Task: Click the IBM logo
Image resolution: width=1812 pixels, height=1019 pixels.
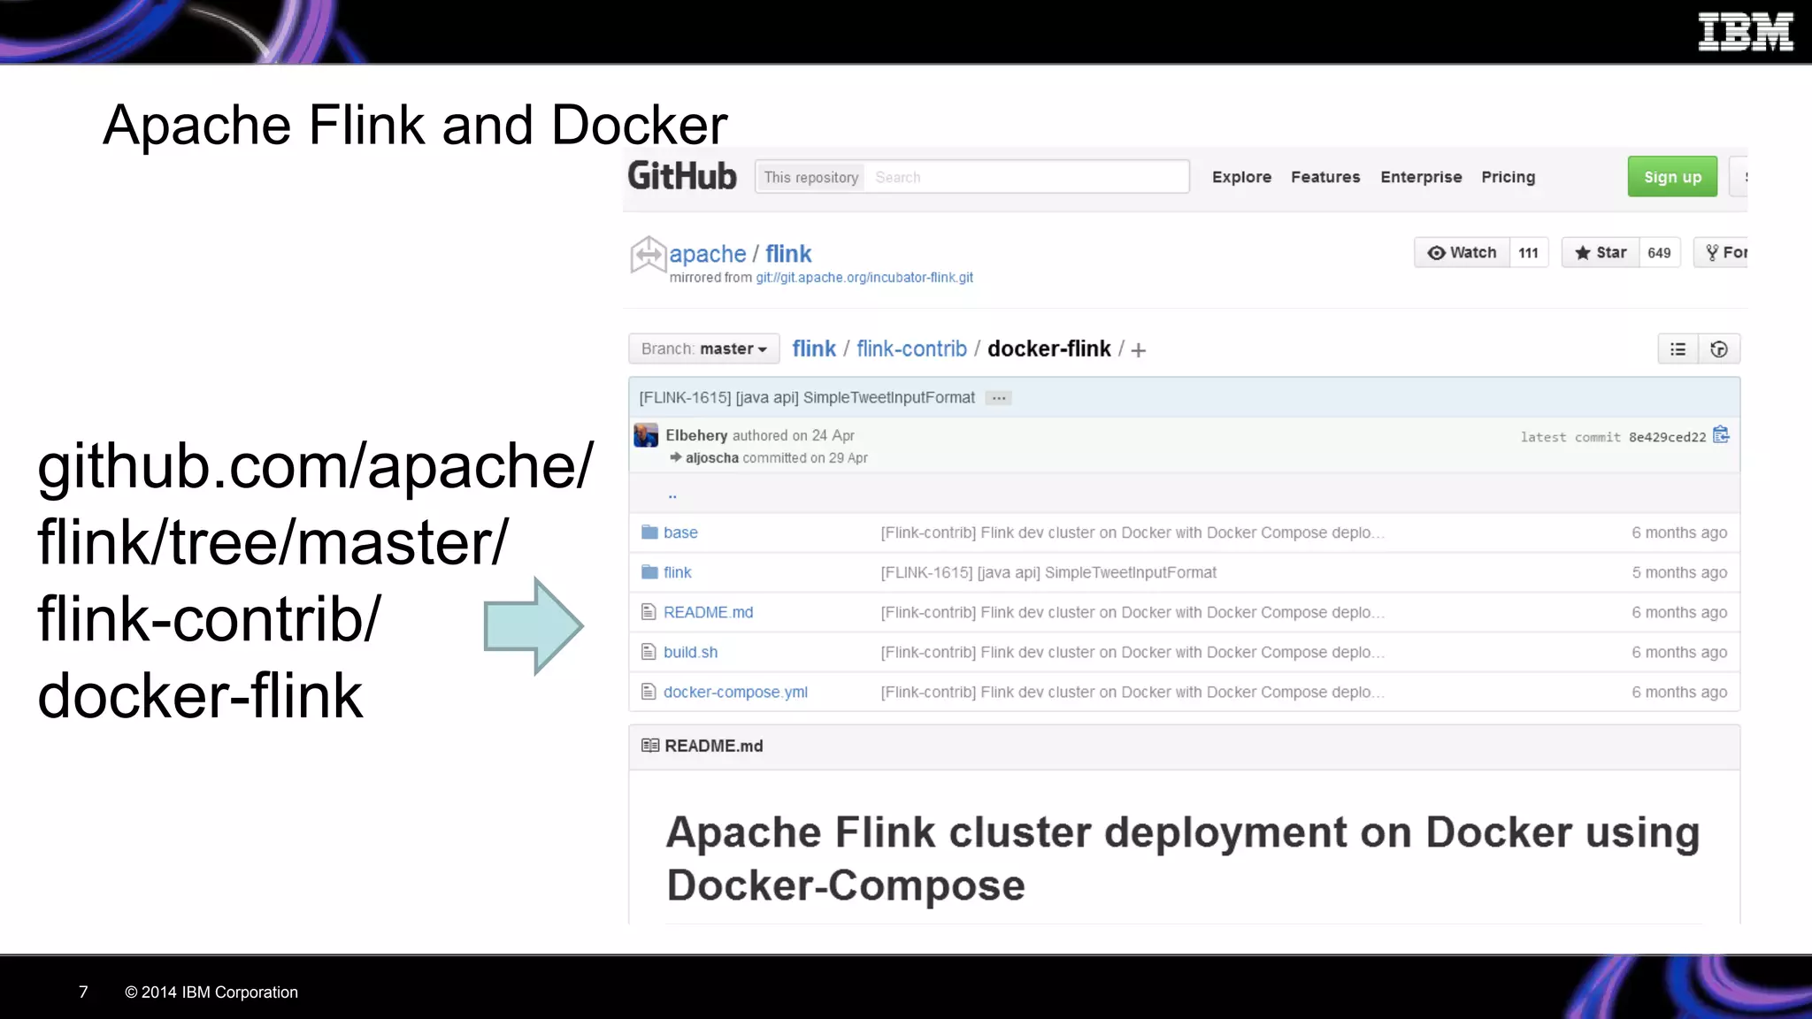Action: [x=1745, y=32]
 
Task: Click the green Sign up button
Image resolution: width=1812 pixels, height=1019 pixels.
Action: [x=1671, y=177]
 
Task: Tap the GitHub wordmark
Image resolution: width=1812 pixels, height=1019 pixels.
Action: [x=681, y=176]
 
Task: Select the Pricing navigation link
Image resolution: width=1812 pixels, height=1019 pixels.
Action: [x=1508, y=177]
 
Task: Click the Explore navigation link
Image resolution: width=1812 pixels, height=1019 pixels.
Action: [x=1241, y=177]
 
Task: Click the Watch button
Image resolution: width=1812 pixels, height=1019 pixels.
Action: [x=1462, y=253]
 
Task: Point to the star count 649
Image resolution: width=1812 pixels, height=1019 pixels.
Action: [x=1659, y=253]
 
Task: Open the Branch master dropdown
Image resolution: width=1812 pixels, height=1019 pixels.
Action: [x=703, y=349]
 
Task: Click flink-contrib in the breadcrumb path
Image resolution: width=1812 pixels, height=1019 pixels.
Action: [x=911, y=349]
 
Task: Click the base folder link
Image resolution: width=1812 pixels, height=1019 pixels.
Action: [x=680, y=532]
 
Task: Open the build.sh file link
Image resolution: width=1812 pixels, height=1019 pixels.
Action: [x=690, y=652]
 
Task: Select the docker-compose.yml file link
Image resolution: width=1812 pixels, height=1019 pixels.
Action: [x=735, y=692]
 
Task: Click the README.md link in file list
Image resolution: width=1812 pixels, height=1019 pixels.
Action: [x=708, y=612]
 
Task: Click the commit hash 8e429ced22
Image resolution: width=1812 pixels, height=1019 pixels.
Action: [x=1667, y=437]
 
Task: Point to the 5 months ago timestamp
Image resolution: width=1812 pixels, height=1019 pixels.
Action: [x=1678, y=572]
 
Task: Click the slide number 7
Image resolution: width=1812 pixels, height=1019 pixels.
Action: [x=83, y=992]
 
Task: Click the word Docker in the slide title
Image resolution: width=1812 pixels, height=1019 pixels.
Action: [x=639, y=125]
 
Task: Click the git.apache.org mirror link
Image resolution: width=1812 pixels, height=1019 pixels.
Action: [x=864, y=278]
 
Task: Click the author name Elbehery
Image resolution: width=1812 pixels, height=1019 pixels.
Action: [x=696, y=435]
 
